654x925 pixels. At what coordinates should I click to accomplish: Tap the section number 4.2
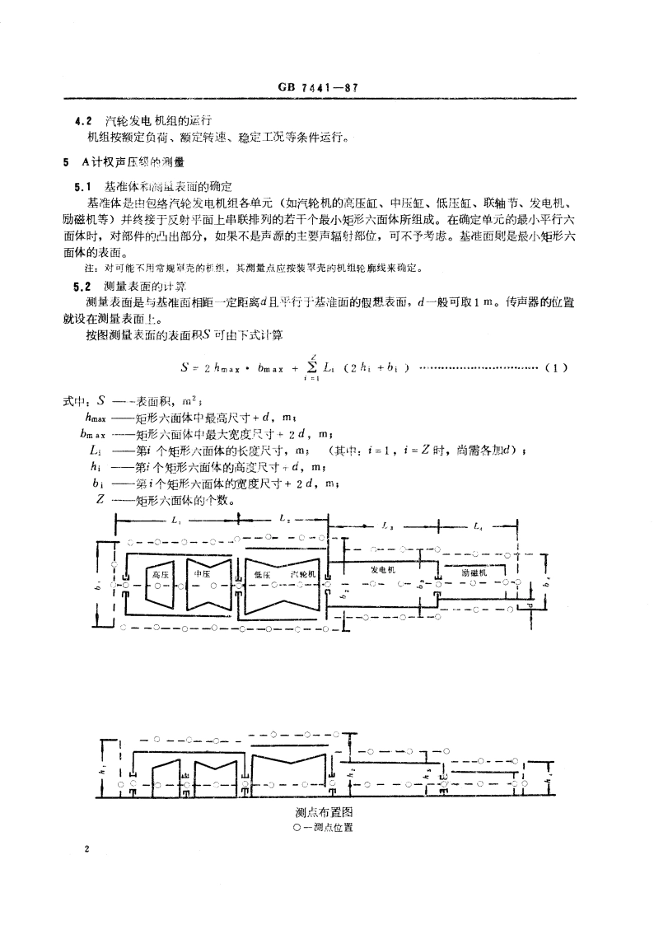82,120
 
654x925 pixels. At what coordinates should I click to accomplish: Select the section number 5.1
82,187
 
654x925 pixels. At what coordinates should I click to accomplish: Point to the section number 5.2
82,285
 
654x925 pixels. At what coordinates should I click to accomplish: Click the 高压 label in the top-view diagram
161,574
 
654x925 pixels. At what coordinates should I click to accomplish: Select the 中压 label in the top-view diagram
202,573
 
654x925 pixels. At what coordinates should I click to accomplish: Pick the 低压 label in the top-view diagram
263,575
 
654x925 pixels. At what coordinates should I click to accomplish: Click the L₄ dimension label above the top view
479,526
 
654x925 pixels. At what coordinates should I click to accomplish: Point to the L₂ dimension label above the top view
284,520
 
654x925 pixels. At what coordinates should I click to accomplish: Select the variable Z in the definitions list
100,499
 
